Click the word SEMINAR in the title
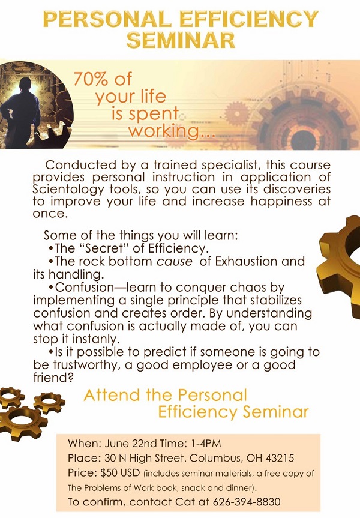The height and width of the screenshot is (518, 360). coord(181,40)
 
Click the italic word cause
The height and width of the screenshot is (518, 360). coord(175,261)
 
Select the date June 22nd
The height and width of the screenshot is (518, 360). coord(131,444)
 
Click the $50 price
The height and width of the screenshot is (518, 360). coord(109,473)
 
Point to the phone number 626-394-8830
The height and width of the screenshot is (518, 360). coord(247,502)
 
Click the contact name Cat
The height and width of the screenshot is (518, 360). coord(185,502)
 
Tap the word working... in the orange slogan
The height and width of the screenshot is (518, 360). coord(172,131)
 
